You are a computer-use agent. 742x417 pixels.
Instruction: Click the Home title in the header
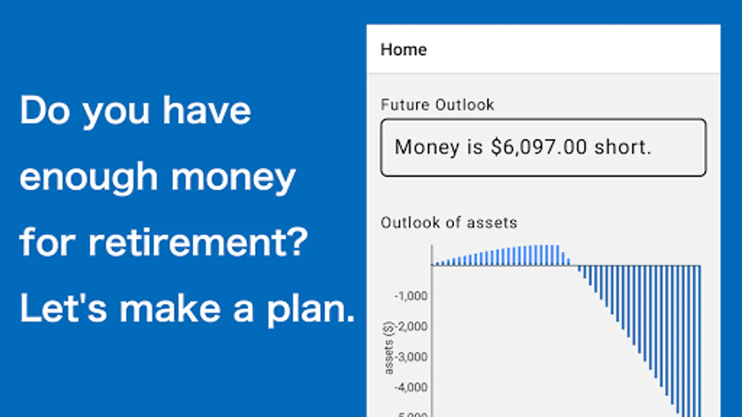403,50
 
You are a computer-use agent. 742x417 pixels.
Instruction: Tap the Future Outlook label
437,105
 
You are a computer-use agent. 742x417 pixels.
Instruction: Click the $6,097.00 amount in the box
539,147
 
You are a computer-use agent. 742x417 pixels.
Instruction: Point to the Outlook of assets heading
449,222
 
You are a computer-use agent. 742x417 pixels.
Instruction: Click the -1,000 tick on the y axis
411,296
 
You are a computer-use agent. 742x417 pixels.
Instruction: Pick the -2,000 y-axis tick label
412,326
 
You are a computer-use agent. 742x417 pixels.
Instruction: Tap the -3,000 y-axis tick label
411,357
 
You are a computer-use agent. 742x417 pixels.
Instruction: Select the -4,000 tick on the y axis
411,387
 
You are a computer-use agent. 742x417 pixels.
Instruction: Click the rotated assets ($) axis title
388,348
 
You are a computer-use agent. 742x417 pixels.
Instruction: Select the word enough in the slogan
89,178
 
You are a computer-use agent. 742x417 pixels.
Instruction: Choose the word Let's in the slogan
63,308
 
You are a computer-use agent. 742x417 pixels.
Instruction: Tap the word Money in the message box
427,148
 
